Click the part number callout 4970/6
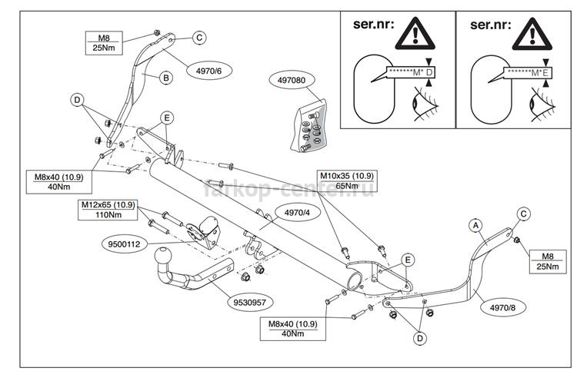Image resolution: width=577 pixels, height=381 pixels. pos(209,71)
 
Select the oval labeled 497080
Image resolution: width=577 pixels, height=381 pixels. pos(292,80)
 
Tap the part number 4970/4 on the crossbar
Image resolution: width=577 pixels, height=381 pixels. pos(297,212)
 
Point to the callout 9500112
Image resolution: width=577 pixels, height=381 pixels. pos(124,244)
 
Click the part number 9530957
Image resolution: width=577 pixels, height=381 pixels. pos(250,303)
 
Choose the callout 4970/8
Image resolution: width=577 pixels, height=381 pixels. pos(503,308)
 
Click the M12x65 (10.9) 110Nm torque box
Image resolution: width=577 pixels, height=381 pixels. pos(108,210)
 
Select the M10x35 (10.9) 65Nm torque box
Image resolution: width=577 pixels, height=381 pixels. pos(347,181)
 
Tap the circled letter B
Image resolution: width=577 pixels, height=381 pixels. pos(166,78)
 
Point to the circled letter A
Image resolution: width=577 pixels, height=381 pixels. pos(475,225)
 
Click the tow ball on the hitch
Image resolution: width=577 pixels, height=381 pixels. pos(162,256)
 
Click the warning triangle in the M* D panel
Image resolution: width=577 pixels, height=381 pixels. pos(415,34)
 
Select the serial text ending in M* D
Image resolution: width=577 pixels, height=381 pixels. pos(411,72)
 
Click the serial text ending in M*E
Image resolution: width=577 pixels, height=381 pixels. pos(528,73)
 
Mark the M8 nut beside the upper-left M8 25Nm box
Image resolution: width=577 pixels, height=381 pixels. pos(156,33)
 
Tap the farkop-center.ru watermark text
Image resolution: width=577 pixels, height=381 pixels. pos(288,188)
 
